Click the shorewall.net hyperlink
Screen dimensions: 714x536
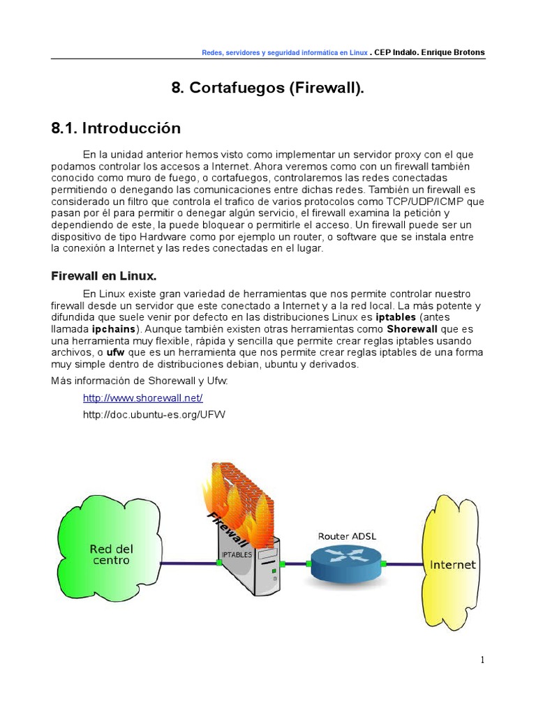(x=142, y=398)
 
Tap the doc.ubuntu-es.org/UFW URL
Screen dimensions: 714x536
(x=154, y=415)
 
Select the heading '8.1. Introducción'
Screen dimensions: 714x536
(x=116, y=128)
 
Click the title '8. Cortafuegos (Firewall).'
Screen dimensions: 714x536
(x=268, y=88)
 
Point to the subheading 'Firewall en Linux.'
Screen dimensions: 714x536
(x=104, y=275)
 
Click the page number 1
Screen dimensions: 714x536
(x=482, y=660)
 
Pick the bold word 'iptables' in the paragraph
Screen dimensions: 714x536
(x=396, y=317)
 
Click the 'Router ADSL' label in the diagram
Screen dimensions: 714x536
(x=347, y=536)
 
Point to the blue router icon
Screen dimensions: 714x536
(x=345, y=563)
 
